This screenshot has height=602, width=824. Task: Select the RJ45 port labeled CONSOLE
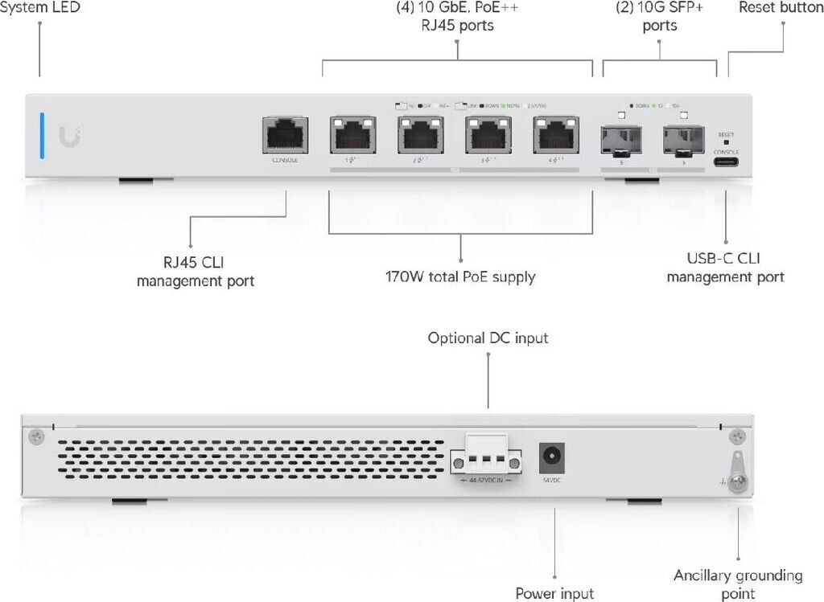coord(286,134)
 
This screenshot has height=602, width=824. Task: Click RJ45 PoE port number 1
coord(352,135)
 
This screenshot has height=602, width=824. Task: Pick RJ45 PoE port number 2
coord(419,135)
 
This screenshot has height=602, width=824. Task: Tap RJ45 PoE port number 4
coord(554,135)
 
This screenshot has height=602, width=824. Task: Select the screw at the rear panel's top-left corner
coord(35,436)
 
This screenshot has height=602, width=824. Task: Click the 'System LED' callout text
coord(40,7)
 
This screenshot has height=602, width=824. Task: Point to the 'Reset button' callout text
coord(780,7)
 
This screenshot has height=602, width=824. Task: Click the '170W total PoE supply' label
coord(460,278)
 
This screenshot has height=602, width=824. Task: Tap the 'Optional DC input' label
coord(488,338)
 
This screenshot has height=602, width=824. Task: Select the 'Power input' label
coord(554,593)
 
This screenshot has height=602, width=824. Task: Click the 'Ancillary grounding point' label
coord(738,584)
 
